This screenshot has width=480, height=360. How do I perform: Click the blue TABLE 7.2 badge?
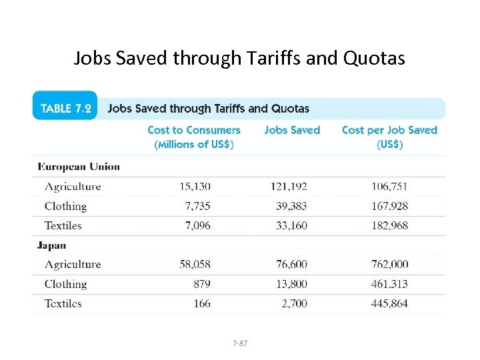(65, 108)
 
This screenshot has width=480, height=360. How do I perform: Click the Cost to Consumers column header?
(194, 137)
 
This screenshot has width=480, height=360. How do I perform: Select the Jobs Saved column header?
(292, 130)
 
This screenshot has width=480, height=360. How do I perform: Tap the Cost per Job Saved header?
(389, 137)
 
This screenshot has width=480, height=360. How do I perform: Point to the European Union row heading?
(79, 167)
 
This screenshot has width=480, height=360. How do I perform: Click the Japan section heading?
(52, 245)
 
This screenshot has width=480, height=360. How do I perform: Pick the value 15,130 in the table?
(195, 187)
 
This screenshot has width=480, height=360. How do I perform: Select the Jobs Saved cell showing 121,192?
(289, 187)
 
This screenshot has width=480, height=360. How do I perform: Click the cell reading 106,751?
(389, 187)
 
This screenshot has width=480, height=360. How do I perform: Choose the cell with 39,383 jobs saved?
(291, 206)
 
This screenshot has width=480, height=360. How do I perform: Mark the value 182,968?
(389, 225)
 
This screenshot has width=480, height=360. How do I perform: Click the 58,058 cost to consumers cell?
(195, 265)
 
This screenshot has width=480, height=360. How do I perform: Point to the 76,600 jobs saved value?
(291, 265)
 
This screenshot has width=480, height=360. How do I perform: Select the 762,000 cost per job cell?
(389, 265)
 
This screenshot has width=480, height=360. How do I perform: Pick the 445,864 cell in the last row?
(389, 303)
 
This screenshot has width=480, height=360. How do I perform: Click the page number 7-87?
(240, 343)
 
